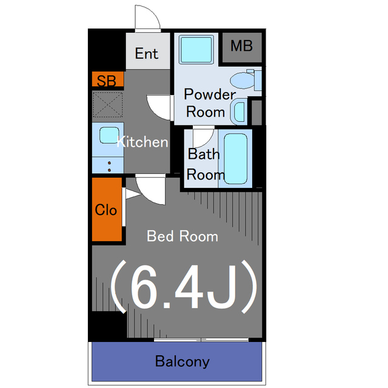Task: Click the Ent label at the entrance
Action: pyautogui.click(x=146, y=53)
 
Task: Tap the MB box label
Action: pyautogui.click(x=241, y=46)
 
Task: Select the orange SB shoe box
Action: pyautogui.click(x=107, y=80)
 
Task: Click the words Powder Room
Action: pyautogui.click(x=209, y=103)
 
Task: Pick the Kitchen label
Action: pyautogui.click(x=142, y=142)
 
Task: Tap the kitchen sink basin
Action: pyautogui.click(x=108, y=136)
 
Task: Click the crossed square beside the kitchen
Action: pyautogui.click(x=107, y=105)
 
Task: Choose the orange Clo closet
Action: pyautogui.click(x=107, y=210)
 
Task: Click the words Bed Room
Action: pyautogui.click(x=182, y=236)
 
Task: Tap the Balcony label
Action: pyautogui.click(x=182, y=362)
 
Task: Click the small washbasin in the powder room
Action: pyautogui.click(x=239, y=112)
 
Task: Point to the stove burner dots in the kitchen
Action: pyautogui.click(x=109, y=166)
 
